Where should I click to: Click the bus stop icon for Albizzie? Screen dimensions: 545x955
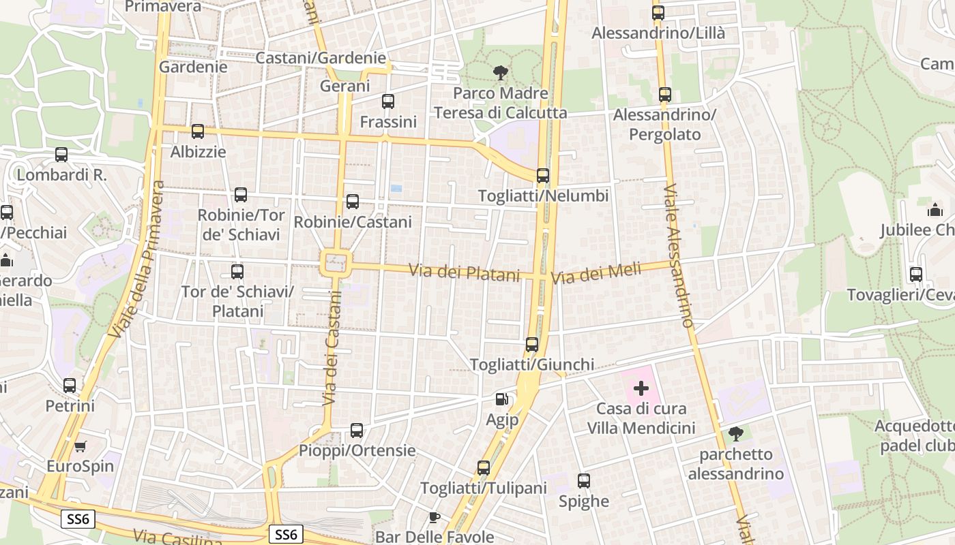pyautogui.click(x=198, y=131)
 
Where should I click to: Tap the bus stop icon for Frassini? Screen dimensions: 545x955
pyautogui.click(x=388, y=102)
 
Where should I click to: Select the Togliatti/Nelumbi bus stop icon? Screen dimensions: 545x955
pyautogui.click(x=543, y=176)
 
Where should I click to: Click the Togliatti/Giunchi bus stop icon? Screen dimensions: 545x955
pyautogui.click(x=532, y=345)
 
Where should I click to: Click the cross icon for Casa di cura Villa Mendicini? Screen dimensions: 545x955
pyautogui.click(x=641, y=389)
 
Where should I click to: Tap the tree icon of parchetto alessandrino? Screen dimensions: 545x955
pyautogui.click(x=736, y=434)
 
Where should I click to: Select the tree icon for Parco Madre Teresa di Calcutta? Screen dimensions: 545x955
pyautogui.click(x=501, y=73)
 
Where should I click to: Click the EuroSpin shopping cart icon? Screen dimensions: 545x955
pyautogui.click(x=80, y=447)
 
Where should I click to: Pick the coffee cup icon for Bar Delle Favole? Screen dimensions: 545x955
pyautogui.click(x=435, y=517)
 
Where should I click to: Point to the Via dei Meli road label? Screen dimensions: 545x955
pyautogui.click(x=596, y=274)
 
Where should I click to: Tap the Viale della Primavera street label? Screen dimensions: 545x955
pyautogui.click(x=137, y=260)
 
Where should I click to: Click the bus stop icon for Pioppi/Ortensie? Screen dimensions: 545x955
pyautogui.click(x=357, y=431)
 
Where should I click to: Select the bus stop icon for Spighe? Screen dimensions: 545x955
pyautogui.click(x=584, y=481)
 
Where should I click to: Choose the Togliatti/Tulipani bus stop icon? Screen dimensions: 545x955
pyautogui.click(x=484, y=468)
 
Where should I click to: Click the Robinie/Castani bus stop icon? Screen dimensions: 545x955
pyautogui.click(x=353, y=202)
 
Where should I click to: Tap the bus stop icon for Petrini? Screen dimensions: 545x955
pyautogui.click(x=70, y=386)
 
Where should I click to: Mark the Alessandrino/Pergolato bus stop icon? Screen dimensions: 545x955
pyautogui.click(x=665, y=95)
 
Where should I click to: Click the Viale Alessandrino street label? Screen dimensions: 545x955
pyautogui.click(x=679, y=255)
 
